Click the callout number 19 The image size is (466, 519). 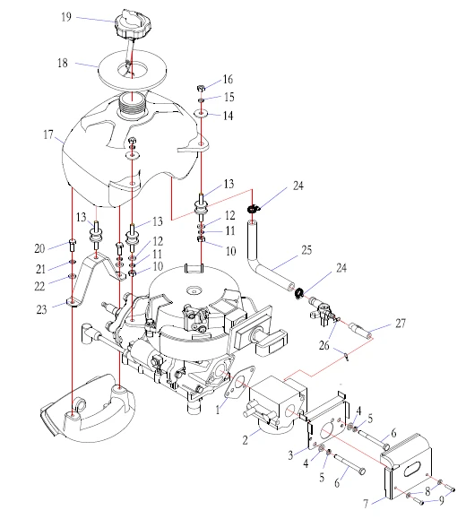coord(66,16)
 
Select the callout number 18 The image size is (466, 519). coord(62,63)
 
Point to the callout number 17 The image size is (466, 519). coord(48,134)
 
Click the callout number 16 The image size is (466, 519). coord(228,80)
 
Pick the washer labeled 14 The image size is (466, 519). coord(201,114)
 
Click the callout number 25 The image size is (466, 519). coord(306,250)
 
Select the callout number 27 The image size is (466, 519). coord(401,323)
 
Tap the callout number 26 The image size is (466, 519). coord(324,345)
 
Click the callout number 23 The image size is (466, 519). coord(41,309)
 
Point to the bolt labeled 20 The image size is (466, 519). coord(73,246)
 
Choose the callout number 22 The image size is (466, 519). coord(39,286)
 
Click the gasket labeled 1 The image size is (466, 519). coord(239,382)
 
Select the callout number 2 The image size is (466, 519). coord(245,440)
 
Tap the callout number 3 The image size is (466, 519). coord(290,455)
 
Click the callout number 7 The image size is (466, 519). coord(366,504)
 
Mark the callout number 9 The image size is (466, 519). coord(442,500)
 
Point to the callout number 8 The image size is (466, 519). coord(427,491)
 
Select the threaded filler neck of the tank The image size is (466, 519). coord(133,104)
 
